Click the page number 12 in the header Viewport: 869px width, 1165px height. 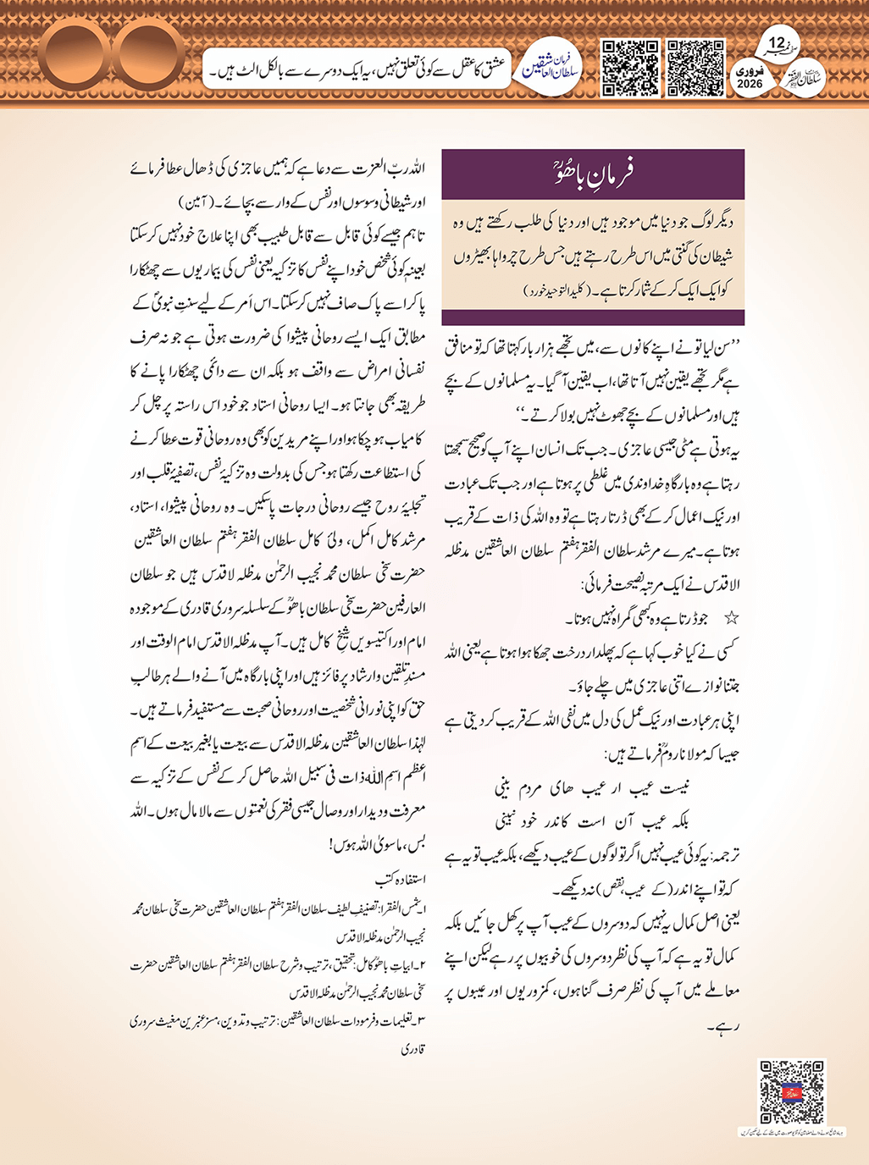point(777,42)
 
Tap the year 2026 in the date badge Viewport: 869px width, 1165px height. point(750,84)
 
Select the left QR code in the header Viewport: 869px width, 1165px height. point(629,67)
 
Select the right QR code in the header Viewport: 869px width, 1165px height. point(695,67)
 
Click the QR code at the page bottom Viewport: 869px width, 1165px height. point(791,1091)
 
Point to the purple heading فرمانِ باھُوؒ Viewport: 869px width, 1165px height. point(593,173)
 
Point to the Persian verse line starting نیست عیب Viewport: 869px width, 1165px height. point(591,787)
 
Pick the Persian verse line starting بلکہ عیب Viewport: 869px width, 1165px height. point(591,820)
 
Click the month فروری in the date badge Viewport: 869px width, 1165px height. point(750,71)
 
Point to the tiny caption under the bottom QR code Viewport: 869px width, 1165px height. point(791,1131)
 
